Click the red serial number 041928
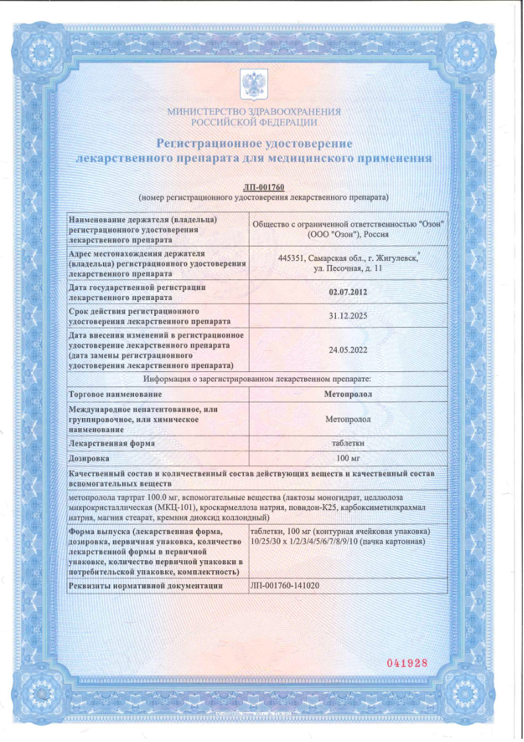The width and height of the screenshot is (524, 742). pyautogui.click(x=407, y=663)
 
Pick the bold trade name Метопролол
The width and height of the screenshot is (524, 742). pyautogui.click(x=348, y=394)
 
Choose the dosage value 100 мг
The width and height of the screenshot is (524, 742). pyautogui.click(x=348, y=458)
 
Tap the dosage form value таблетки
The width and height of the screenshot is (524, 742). pyautogui.click(x=348, y=443)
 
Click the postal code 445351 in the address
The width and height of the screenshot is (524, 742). pyautogui.click(x=291, y=258)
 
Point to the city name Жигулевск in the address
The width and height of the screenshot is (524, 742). pyautogui.click(x=396, y=258)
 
